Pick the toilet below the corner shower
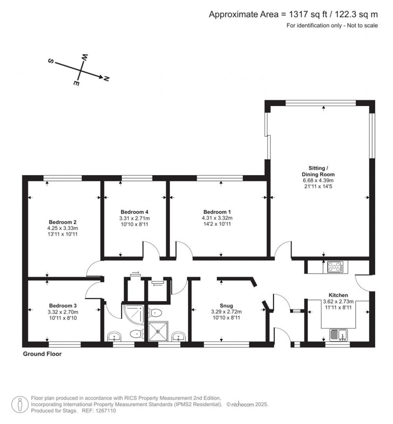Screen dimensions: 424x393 pyautogui.click(x=135, y=334)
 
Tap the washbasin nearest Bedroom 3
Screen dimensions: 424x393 pyautogui.click(x=114, y=337)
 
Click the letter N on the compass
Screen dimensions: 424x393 pyautogui.click(x=106, y=79)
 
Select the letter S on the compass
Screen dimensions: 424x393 pyautogui.click(x=50, y=61)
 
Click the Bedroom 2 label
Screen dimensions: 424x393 pyautogui.click(x=63, y=222)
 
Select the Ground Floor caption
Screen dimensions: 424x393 pyautogui.click(x=42, y=354)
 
